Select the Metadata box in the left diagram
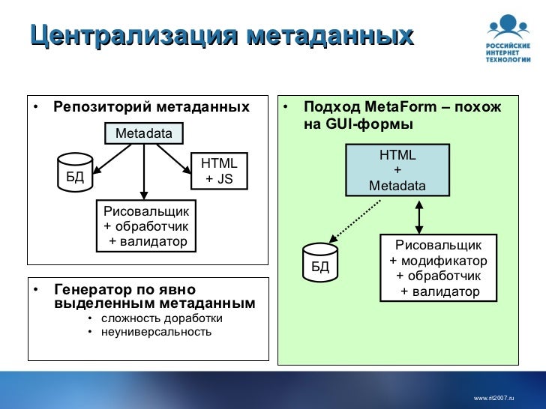pyautogui.click(x=143, y=133)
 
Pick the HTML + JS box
pyautogui.click(x=220, y=172)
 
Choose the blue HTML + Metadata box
pyautogui.click(x=397, y=170)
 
